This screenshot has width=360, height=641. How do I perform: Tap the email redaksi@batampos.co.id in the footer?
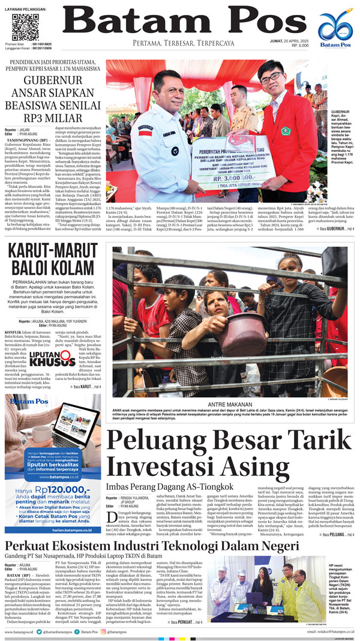coord(329,632)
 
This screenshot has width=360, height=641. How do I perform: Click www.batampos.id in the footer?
coord(20,632)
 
